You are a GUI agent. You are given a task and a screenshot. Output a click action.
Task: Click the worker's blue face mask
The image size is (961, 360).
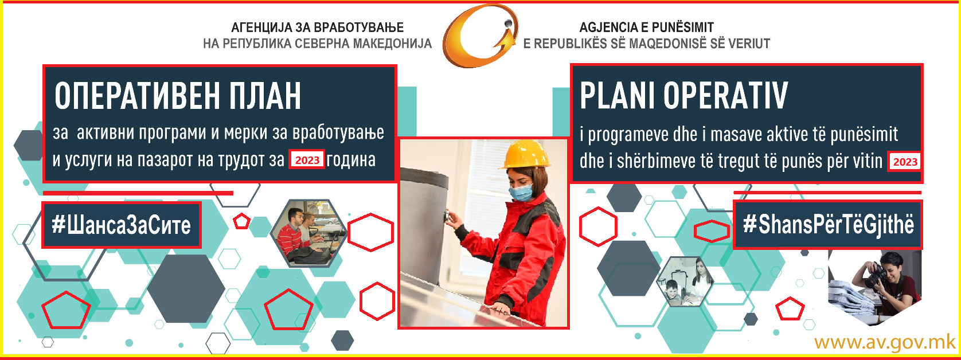[521, 192]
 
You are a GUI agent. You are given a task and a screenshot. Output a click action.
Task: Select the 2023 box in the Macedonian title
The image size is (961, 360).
[307, 159]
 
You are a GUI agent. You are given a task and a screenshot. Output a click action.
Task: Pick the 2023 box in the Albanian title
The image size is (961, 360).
[904, 162]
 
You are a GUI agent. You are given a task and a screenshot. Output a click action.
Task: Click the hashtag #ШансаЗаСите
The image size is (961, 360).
[122, 225]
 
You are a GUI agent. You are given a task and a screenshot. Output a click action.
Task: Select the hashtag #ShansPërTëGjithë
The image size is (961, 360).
[829, 224]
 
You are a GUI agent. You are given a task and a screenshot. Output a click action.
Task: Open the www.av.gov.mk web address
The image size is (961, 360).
[885, 343]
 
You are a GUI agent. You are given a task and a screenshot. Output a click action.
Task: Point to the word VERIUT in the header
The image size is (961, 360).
[749, 44]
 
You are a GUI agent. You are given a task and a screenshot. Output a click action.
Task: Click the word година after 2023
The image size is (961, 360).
[351, 160]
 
